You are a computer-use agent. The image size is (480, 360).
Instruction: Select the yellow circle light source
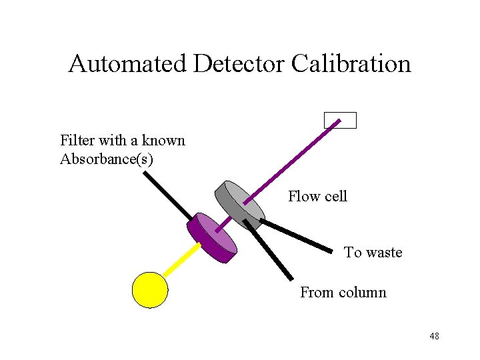point(150,290)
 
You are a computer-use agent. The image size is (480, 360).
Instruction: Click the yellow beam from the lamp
point(181,259)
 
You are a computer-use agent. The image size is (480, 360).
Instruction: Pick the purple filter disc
point(212,237)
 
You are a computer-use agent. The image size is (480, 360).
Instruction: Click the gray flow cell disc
point(239,204)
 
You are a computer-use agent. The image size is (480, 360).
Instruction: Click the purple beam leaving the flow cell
point(293,161)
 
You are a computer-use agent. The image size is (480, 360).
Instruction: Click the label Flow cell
point(317,196)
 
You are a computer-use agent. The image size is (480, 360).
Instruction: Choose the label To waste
point(373,253)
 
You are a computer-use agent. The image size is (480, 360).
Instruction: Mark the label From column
point(343,293)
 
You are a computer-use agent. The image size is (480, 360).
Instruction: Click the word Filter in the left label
point(77,141)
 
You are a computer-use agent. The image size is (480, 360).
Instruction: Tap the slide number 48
point(434,336)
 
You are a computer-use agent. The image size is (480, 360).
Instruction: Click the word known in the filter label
point(163,141)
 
